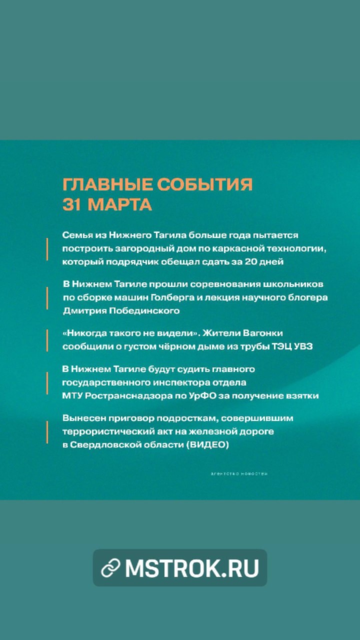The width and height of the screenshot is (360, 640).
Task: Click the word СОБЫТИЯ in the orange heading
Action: click(204, 184)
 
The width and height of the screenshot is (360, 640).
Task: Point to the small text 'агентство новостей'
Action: click(239, 473)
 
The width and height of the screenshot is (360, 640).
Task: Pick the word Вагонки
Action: click(263, 333)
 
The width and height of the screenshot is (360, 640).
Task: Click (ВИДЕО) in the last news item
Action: click(207, 445)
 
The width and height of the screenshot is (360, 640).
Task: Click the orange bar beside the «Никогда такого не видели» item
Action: click(47, 340)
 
